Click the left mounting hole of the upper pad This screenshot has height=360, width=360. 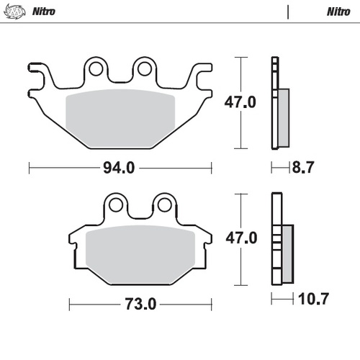point(94,68)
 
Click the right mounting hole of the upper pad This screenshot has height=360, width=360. point(144,68)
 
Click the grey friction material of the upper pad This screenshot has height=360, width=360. point(121,120)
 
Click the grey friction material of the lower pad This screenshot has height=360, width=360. point(141,254)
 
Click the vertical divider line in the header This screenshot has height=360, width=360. point(288,12)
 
